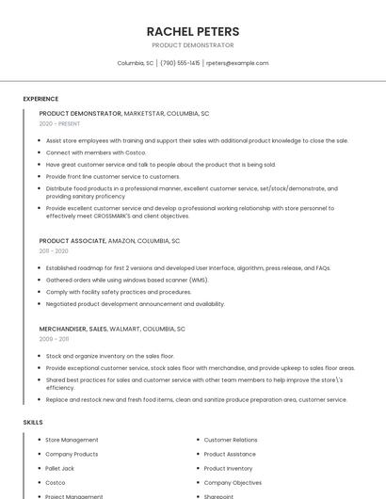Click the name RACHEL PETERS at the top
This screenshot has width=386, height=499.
point(192,31)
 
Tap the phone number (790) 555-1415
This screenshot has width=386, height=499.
point(180,63)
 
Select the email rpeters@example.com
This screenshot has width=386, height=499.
point(237,63)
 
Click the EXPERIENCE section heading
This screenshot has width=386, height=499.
point(40,99)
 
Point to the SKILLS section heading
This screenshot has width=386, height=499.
point(33,423)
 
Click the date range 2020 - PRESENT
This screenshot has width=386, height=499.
point(59,123)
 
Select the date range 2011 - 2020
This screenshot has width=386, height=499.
point(54,251)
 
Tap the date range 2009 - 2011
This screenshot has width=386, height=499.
point(54,339)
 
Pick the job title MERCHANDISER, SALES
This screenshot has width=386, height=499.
point(72,329)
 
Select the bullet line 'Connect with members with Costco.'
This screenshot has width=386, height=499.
point(96,153)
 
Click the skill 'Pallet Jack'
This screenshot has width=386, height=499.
point(59,468)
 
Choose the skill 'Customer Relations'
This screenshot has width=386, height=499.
point(231,440)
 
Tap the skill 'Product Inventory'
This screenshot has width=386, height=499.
point(228,468)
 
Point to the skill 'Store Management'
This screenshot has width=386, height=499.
point(72,440)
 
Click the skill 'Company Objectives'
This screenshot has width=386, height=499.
point(233,482)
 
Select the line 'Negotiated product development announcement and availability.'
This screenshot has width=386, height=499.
point(135,304)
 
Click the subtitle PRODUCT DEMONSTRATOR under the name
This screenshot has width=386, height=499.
point(192,45)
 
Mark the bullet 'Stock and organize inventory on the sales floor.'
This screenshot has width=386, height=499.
point(110,356)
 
